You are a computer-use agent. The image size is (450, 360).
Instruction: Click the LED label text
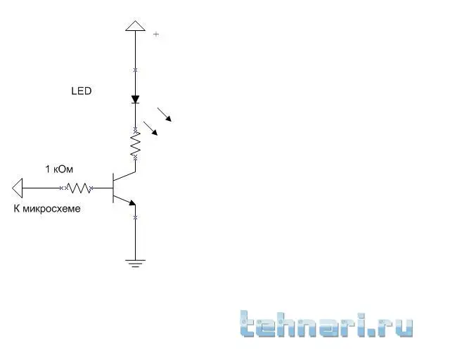(x=82, y=91)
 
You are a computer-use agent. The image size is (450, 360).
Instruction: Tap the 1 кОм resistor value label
(x=59, y=169)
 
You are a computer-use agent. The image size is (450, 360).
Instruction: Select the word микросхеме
(x=51, y=209)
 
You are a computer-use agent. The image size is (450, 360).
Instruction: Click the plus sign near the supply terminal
(x=156, y=34)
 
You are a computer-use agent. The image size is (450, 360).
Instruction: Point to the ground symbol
(x=136, y=263)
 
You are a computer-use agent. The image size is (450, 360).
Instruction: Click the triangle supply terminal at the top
(x=136, y=26)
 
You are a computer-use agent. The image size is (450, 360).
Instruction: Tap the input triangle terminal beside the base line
(x=18, y=188)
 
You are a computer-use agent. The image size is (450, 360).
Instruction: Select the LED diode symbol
(x=136, y=100)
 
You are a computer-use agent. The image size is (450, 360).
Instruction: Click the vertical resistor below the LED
(x=136, y=143)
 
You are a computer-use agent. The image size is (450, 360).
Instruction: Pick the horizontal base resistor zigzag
(x=79, y=188)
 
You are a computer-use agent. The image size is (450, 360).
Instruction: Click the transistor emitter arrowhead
(x=132, y=203)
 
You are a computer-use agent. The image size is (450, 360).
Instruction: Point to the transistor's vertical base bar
(x=113, y=188)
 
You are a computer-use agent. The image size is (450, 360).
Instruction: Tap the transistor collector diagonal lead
(x=124, y=176)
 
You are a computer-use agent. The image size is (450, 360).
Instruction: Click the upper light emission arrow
(x=165, y=115)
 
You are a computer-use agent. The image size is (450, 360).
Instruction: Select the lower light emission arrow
(x=150, y=129)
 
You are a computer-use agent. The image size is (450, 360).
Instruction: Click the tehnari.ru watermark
(x=326, y=324)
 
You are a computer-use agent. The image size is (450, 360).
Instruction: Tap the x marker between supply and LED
(x=136, y=70)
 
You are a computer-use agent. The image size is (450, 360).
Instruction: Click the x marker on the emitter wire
(x=136, y=218)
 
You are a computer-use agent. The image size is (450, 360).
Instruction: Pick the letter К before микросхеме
(x=17, y=209)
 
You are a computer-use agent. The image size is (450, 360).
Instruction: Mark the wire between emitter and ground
(x=136, y=233)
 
